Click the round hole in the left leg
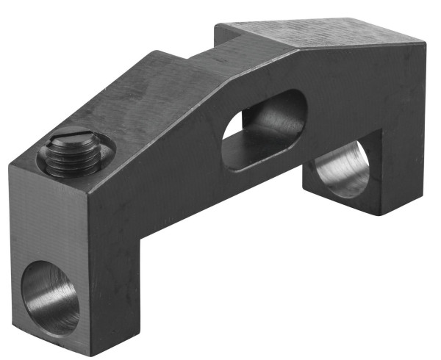click(x=50, y=295)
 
